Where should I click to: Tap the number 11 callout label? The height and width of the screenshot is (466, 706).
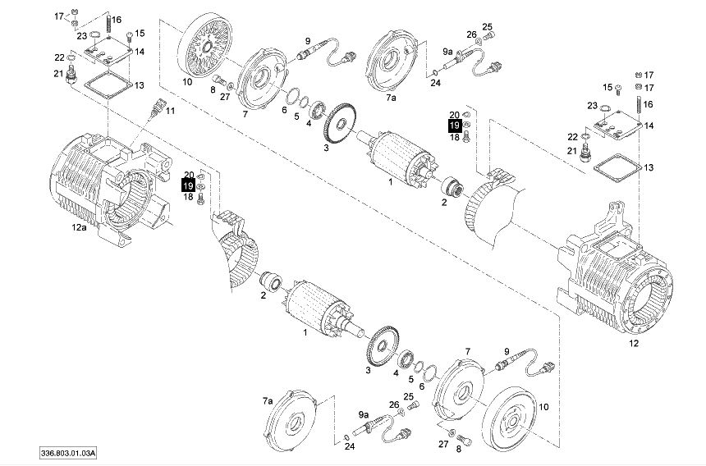click(x=170, y=111)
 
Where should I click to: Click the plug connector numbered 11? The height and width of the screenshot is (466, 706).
click(x=157, y=107)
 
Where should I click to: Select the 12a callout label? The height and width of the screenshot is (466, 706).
click(x=79, y=227)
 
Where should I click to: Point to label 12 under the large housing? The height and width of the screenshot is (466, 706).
click(x=634, y=344)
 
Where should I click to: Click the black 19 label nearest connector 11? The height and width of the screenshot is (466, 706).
click(x=188, y=185)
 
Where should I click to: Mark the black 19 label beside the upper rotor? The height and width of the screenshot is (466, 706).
click(x=455, y=126)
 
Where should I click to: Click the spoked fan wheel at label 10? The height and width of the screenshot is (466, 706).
click(x=205, y=45)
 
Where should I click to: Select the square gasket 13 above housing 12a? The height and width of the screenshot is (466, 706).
click(x=108, y=84)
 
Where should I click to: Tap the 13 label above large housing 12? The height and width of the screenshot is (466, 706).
click(x=649, y=168)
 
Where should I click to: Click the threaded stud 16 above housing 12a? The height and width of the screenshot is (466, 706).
click(x=108, y=26)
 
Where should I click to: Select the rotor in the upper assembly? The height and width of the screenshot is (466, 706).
click(x=398, y=158)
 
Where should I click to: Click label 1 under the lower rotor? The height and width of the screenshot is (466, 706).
click(x=305, y=333)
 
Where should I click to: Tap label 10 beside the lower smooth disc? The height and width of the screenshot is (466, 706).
click(x=544, y=407)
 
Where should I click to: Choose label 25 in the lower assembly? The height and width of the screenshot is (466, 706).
click(x=408, y=397)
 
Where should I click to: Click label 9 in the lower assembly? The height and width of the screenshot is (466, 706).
click(x=507, y=351)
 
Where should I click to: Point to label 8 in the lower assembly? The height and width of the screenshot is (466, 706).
click(x=458, y=449)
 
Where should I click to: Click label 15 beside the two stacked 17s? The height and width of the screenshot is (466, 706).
click(x=607, y=87)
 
